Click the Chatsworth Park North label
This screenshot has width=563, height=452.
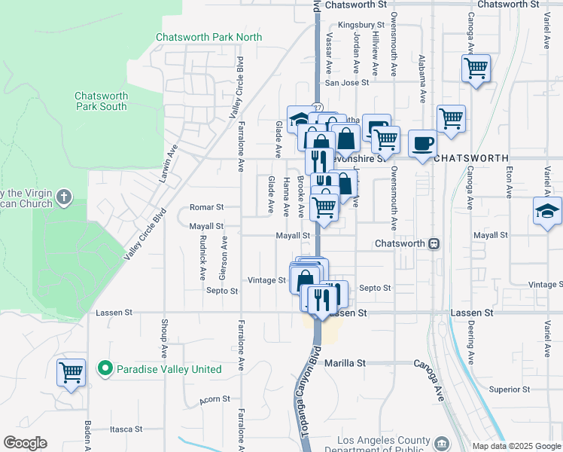click(208, 37)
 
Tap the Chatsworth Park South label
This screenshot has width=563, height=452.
click(101, 101)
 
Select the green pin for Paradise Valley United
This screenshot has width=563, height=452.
click(105, 369)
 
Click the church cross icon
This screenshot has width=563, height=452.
click(64, 197)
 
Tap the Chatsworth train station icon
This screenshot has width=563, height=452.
click(434, 244)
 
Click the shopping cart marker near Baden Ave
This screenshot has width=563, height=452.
click(71, 371)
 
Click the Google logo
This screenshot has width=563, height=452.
click(25, 443)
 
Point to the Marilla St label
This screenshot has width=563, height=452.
click(344, 362)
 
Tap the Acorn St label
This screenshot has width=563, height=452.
click(213, 400)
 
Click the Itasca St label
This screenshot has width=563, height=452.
click(126, 429)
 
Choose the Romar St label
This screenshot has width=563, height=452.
click(206, 207)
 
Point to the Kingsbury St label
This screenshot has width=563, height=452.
click(356, 25)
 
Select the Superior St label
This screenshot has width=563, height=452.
click(510, 389)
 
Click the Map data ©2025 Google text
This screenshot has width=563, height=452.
click(516, 446)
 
